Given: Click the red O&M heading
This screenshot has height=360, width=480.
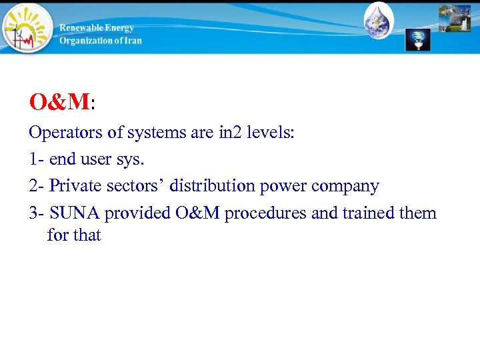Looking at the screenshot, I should click(59, 102).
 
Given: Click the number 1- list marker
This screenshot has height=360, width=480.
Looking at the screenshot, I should click(35, 160).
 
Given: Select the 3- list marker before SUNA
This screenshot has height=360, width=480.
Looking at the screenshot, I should click(36, 213).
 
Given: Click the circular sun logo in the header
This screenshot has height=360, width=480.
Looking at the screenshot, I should click(27, 29).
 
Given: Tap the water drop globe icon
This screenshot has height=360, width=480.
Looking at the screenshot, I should click(379, 21).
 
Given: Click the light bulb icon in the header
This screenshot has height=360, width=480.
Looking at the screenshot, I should click(418, 39).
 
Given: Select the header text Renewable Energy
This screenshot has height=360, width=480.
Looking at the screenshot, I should click(97, 28).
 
